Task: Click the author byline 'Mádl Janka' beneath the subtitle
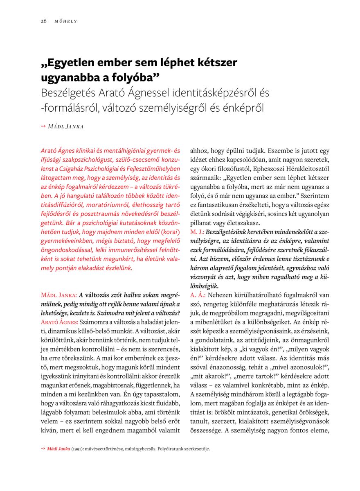pos(66,126)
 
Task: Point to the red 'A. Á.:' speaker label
pos(197,295)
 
